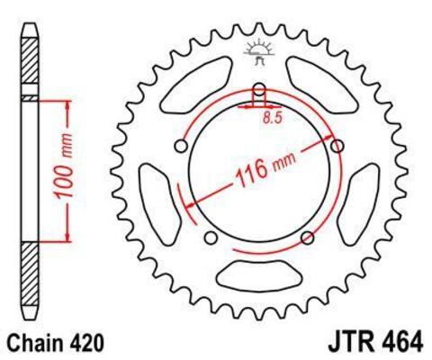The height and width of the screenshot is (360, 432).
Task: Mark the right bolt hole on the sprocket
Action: (338, 146)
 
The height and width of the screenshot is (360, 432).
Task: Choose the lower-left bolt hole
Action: (211, 238)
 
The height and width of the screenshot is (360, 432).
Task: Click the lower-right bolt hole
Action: (308, 238)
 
